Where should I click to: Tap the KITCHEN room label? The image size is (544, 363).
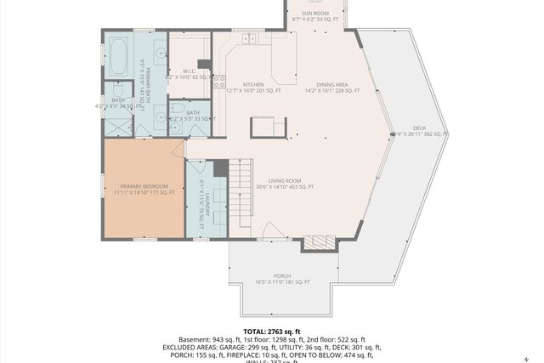253,85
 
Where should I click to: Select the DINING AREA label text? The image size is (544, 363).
331,85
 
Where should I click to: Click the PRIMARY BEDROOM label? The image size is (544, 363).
144,186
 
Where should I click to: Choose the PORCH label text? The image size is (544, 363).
282,276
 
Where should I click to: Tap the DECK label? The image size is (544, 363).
420,128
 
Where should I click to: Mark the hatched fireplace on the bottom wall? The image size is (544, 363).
320,242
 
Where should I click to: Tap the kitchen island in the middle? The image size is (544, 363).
268,128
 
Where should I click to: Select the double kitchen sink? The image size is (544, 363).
249,38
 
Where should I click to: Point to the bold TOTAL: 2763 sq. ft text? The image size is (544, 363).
271,332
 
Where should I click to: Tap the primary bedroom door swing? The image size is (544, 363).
178,149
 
